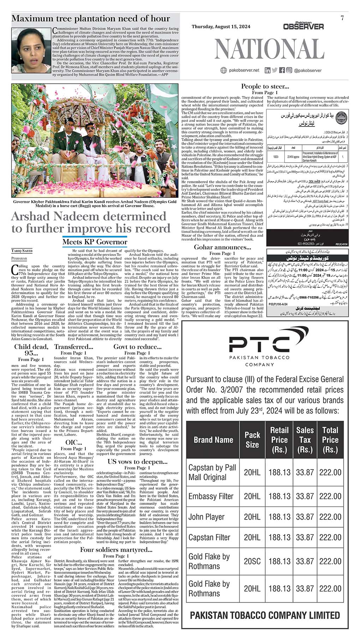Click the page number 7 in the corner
tap(342, 19)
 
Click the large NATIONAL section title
tap(269, 49)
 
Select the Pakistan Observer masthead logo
tap(303, 26)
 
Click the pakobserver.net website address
tap(244, 70)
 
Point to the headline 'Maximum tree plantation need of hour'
tap(91, 19)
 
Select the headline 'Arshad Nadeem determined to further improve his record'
tap(91, 222)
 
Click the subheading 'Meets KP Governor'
tap(95, 242)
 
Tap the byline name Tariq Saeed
tap(22, 251)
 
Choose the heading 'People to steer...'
tap(265, 86)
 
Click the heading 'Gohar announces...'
tap(222, 247)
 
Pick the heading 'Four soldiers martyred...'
tap(116, 550)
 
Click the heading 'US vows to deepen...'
tap(137, 462)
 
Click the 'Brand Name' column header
tap(213, 440)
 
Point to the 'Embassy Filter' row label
tap(211, 496)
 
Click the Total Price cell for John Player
tap(330, 517)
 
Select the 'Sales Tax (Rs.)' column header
tap(305, 440)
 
